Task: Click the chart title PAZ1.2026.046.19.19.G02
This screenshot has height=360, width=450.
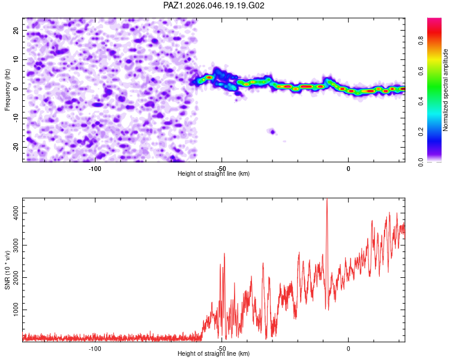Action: coord(214,5)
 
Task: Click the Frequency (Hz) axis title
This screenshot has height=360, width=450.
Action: coord(8,89)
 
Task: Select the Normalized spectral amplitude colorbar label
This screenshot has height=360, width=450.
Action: coord(446,89)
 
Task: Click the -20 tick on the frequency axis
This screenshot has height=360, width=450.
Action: coord(16,147)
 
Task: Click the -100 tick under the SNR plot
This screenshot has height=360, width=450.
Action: coord(94,348)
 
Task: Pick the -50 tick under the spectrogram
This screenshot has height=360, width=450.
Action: coord(221,168)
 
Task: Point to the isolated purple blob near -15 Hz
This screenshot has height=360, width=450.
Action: coord(272,131)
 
